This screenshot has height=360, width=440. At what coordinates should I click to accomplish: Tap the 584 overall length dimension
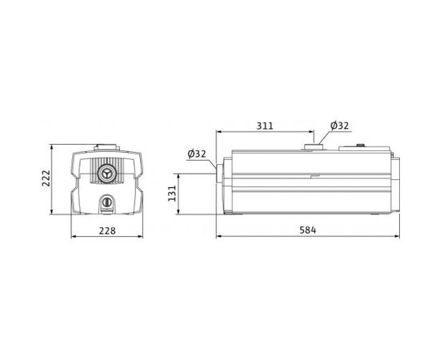(x=308, y=230)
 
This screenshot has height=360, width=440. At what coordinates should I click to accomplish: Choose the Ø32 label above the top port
(x=340, y=126)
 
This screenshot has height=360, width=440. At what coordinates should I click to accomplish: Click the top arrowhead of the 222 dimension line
(x=53, y=147)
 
